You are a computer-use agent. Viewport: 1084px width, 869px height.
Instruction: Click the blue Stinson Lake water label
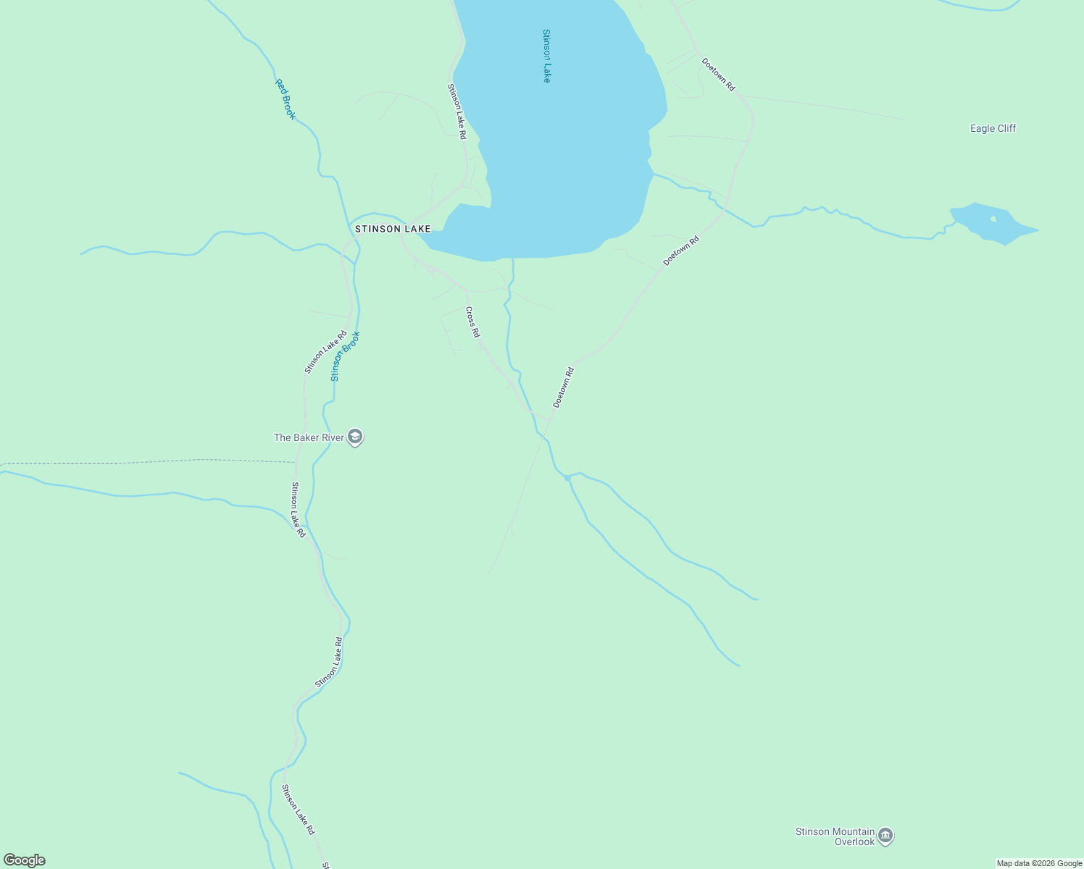(x=546, y=56)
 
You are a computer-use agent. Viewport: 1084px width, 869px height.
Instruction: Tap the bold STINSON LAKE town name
(x=393, y=229)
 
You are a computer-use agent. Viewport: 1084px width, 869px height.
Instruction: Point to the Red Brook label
(x=285, y=98)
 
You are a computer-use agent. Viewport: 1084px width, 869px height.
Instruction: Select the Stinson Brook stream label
(x=345, y=356)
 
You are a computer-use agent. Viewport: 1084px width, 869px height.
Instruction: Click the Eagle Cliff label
(x=993, y=128)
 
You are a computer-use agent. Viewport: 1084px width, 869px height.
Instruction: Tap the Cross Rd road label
(x=472, y=322)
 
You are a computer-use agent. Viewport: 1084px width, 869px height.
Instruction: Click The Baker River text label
(x=309, y=437)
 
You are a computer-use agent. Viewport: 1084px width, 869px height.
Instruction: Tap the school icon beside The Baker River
(x=355, y=437)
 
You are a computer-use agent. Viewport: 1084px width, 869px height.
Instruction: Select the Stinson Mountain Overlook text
(x=835, y=836)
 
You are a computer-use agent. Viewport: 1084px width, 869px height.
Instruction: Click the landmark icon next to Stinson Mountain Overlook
(x=885, y=836)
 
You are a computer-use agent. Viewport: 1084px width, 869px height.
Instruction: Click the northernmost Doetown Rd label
(x=718, y=74)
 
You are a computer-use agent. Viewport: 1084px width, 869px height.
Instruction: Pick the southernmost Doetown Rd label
(x=563, y=387)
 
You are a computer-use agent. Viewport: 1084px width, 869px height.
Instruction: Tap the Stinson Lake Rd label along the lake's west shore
(x=456, y=112)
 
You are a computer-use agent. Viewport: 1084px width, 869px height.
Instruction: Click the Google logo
(x=24, y=860)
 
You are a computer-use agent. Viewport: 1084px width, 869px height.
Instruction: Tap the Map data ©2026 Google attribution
(x=1039, y=863)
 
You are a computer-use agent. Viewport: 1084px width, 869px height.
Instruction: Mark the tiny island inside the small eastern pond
(x=993, y=219)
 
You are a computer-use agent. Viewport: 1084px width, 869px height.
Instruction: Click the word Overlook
(x=854, y=841)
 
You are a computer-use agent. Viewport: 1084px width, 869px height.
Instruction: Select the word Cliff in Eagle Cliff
(x=1006, y=128)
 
